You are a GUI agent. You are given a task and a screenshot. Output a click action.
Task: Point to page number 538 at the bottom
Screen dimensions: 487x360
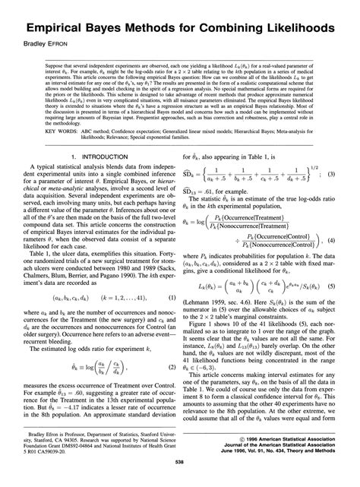[x=179, y=479]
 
